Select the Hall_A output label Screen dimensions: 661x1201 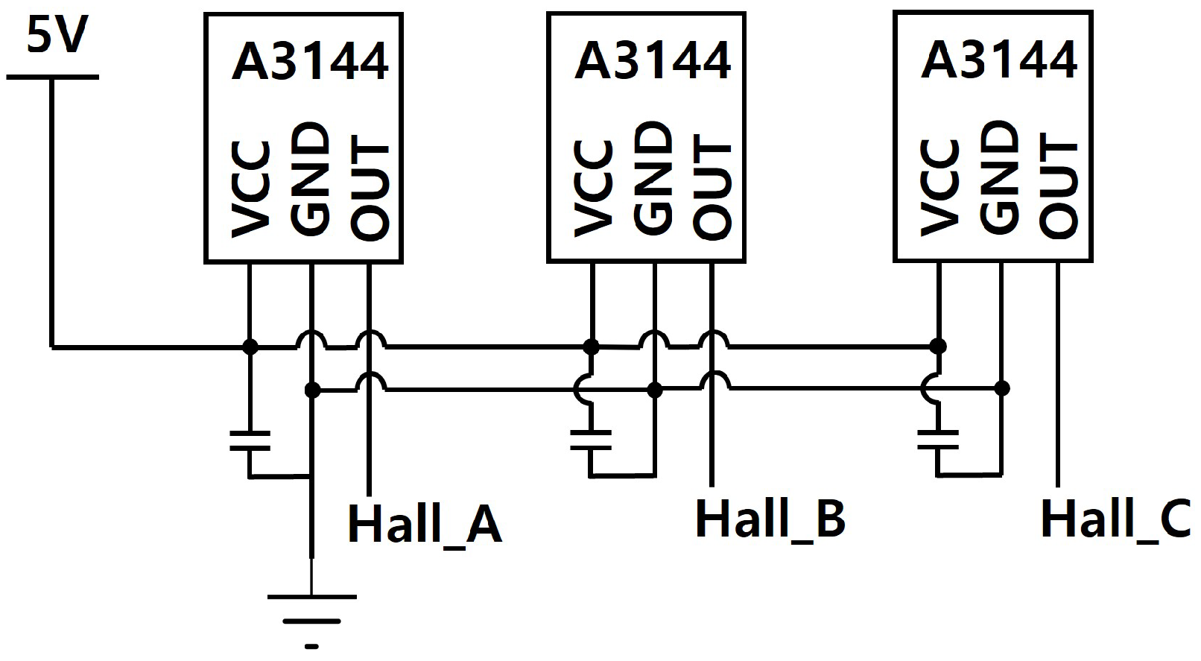[425, 524]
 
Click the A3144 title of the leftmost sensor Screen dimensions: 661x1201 [310, 61]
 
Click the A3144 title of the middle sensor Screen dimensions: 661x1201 [652, 61]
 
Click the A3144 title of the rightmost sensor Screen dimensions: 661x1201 [999, 60]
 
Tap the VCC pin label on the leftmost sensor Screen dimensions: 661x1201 [250, 189]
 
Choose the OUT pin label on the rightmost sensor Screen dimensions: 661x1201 [1059, 186]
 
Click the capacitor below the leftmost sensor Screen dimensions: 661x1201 [250, 440]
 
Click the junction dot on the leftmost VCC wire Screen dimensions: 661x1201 [250, 347]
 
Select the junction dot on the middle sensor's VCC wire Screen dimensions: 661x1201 [591, 347]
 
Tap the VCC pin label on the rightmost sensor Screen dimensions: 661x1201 [939, 188]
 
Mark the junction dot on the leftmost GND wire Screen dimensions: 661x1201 [312, 390]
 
